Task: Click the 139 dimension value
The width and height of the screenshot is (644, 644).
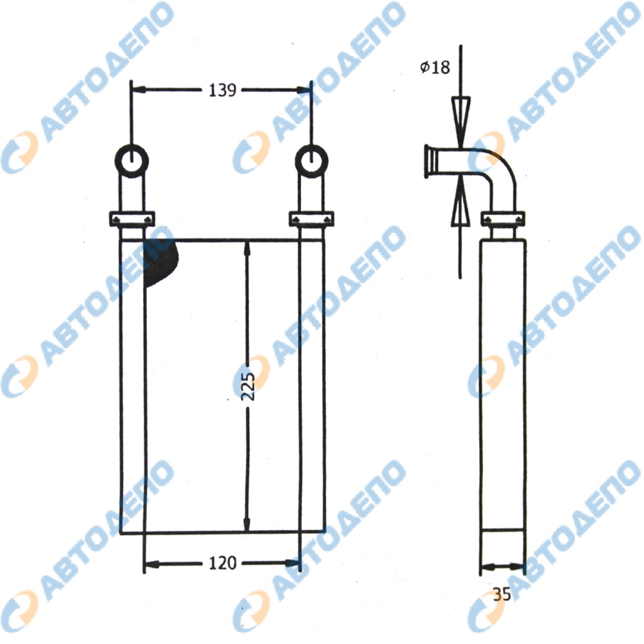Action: [222, 90]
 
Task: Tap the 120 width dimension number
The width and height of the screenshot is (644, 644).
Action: [223, 563]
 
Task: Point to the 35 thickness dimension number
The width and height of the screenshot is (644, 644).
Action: [502, 594]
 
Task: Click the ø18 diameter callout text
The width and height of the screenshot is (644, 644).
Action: [435, 67]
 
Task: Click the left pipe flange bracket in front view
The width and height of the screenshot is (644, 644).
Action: [132, 218]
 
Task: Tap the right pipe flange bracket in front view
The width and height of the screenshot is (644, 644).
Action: [312, 218]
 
